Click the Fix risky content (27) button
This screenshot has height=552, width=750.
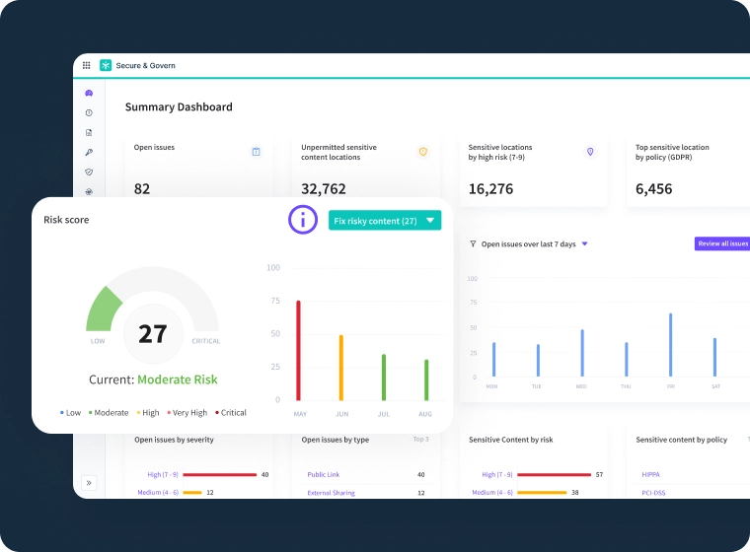pos(384,221)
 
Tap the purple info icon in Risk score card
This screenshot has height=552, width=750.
pos(303,220)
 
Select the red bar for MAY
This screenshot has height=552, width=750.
pos(298,350)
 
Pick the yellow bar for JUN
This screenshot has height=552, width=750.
pos(340,367)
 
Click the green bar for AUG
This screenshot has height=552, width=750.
pos(426,379)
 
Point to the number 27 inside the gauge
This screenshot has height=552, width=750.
pos(152,334)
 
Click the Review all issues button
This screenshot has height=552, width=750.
pos(722,243)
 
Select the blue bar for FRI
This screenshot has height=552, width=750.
pos(670,345)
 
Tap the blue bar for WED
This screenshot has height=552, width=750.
pos(582,353)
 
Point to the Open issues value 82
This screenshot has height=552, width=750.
pos(142,188)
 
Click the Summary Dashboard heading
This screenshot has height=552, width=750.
pos(179,106)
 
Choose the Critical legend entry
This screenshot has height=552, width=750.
pos(231,413)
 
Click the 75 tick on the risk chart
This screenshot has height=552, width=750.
pos(273,301)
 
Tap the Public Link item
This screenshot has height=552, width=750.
pos(324,474)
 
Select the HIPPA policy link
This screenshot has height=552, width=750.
pos(650,474)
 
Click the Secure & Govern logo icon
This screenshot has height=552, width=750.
pos(106,65)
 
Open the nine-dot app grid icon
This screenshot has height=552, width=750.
pos(86,65)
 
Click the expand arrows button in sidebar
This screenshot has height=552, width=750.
pos(89,482)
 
